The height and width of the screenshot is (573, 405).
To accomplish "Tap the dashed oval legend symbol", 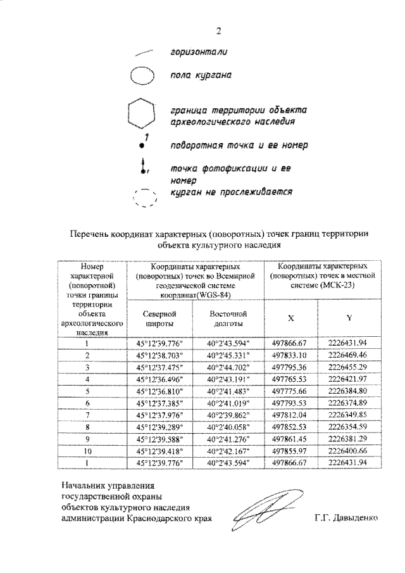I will (144, 198).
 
